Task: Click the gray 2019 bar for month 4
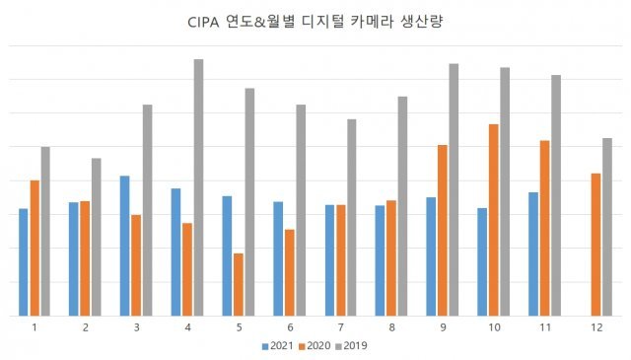[x=198, y=187]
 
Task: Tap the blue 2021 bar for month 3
[x=124, y=246]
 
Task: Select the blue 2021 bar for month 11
[x=533, y=253]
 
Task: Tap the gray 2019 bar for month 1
[x=45, y=231]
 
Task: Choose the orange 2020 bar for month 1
[x=35, y=248]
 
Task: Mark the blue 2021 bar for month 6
[x=278, y=258]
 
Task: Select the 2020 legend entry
[x=315, y=345]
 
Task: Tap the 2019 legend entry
[x=352, y=345]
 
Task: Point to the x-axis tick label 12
[x=596, y=326]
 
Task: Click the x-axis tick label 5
[x=239, y=326]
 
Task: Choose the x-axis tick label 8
[x=391, y=326]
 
